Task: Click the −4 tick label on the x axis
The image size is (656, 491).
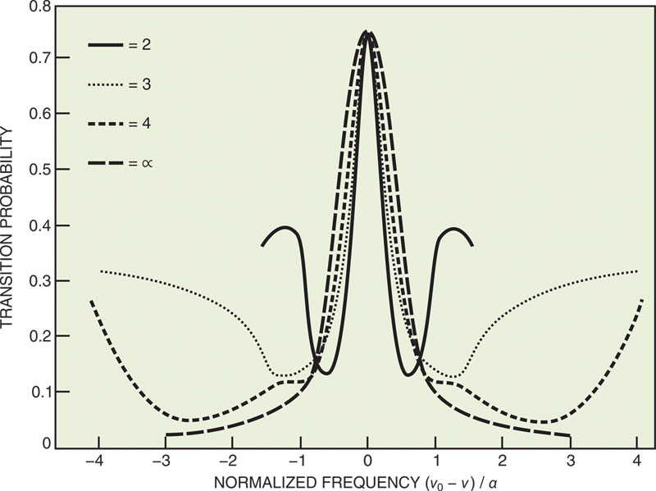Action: pyautogui.click(x=96, y=459)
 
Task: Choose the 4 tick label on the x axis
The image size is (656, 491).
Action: pyautogui.click(x=636, y=459)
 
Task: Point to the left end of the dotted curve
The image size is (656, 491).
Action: pyautogui.click(x=101, y=271)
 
